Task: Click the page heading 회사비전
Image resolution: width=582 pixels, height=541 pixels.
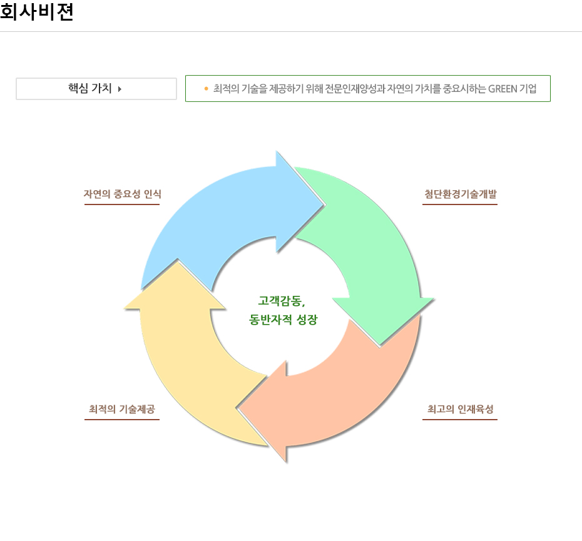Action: tap(37, 13)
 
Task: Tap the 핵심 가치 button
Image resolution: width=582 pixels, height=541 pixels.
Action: tap(96, 89)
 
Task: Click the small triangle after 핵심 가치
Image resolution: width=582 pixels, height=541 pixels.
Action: tap(120, 89)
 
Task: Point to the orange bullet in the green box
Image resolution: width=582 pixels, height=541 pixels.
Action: tap(206, 89)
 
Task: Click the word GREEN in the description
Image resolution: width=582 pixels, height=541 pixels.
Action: tap(503, 89)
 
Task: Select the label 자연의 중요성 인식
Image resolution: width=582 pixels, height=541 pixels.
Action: tap(122, 194)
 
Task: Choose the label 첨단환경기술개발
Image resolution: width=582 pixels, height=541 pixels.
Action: tap(460, 194)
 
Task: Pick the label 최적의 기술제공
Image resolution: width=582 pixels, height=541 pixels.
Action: tap(122, 409)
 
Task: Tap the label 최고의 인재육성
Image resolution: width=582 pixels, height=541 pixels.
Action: tap(460, 409)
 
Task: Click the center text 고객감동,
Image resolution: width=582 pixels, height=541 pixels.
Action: tap(282, 301)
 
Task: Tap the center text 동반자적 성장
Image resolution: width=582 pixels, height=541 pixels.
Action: tap(283, 320)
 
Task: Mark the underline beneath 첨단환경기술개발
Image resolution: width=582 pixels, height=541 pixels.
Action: tap(460, 204)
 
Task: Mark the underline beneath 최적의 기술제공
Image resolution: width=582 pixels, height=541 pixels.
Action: tap(122, 419)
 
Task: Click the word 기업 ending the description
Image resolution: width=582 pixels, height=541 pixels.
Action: tap(528, 89)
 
